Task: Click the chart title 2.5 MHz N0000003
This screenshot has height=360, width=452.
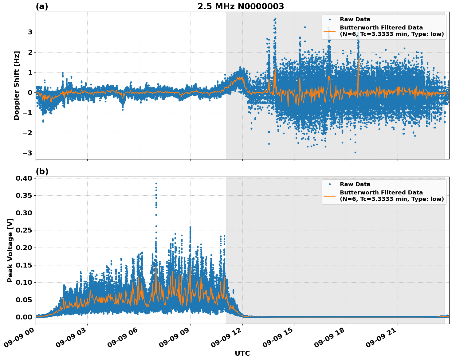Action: [x=241, y=6]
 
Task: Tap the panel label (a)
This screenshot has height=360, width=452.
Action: [x=42, y=6]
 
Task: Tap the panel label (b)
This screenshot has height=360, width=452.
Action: [x=42, y=171]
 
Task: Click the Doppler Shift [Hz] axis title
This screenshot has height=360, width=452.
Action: [x=17, y=85]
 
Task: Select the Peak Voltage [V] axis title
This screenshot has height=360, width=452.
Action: [x=10, y=250]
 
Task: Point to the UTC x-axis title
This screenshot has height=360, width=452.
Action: [x=242, y=353]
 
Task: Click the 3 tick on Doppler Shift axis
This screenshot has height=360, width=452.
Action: [x=30, y=32]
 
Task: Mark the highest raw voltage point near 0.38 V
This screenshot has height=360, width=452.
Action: [x=156, y=183]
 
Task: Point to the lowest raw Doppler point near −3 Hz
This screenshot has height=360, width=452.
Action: [x=355, y=152]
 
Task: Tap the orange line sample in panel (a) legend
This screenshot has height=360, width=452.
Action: [x=330, y=31]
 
